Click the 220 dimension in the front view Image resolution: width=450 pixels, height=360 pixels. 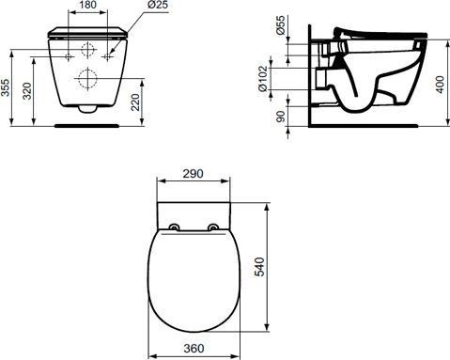(x=137, y=102)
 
